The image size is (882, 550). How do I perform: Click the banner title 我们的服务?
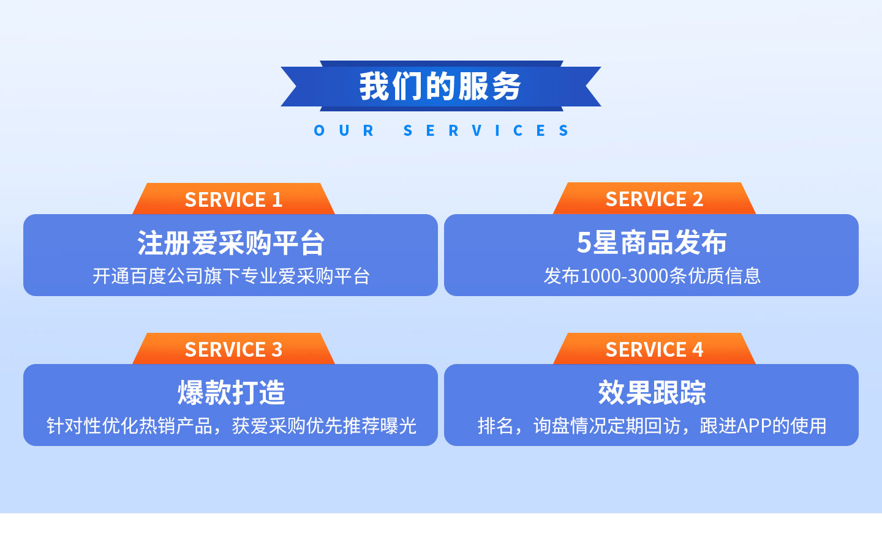(440, 86)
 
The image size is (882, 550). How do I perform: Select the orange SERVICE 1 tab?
(233, 199)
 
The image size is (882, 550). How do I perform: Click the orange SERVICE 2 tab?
(654, 199)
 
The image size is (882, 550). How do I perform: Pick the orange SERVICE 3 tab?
(233, 349)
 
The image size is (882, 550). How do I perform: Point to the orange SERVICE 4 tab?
(654, 349)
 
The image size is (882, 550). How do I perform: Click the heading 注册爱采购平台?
(231, 243)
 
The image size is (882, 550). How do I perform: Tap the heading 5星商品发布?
(652, 242)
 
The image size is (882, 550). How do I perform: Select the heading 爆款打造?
(231, 393)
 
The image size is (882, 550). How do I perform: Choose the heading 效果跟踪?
(652, 393)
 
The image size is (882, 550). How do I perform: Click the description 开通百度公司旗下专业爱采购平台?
(231, 276)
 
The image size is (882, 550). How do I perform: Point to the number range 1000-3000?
(625, 276)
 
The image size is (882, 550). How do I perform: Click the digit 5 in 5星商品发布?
(584, 242)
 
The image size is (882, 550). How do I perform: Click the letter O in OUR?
(319, 130)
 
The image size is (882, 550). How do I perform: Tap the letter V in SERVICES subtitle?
(477, 130)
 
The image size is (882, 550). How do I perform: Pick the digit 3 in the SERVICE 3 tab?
(277, 349)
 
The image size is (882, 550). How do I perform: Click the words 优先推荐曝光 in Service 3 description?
(361, 426)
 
